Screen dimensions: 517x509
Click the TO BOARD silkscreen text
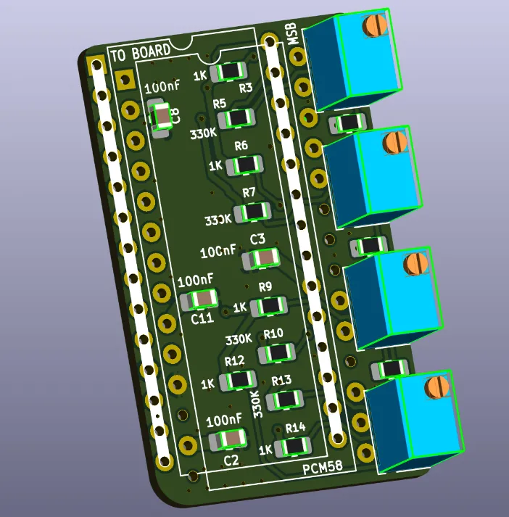coord(141,51)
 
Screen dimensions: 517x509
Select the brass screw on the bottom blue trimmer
coord(436,386)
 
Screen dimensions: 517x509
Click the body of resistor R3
coord(231,71)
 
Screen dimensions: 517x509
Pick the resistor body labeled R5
coord(237,118)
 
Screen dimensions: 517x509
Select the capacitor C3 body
coord(264,258)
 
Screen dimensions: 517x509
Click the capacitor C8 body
coord(163,115)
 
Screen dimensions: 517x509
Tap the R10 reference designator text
coord(273,334)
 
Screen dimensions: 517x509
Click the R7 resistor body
coord(256,212)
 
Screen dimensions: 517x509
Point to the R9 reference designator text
coord(265,287)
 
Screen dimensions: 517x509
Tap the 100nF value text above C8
coord(162,88)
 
